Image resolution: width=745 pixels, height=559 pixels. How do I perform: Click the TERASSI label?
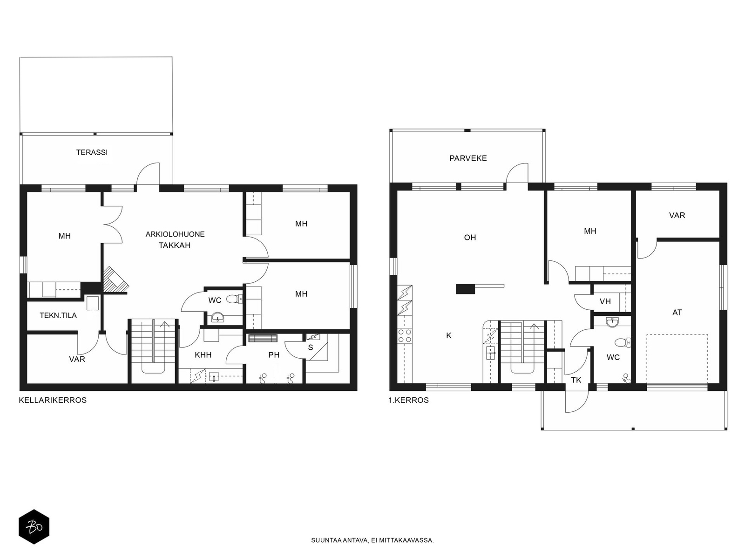point(92,152)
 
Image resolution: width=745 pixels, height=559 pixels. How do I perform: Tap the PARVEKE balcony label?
point(468,158)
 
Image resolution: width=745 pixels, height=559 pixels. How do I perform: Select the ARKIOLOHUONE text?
point(175,234)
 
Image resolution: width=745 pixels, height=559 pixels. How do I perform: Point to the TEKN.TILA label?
point(58,315)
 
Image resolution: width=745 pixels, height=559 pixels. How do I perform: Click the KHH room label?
point(203,355)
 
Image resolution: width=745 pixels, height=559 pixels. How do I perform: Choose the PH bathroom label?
point(274,355)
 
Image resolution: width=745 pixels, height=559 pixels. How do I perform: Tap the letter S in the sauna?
point(310,348)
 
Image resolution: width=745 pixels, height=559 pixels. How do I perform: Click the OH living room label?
point(470,238)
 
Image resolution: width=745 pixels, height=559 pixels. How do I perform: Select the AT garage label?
point(677,313)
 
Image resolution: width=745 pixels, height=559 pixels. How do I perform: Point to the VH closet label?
point(605,301)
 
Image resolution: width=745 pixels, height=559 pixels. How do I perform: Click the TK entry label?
point(576,380)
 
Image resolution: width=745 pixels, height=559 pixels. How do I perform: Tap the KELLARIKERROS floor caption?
point(53,400)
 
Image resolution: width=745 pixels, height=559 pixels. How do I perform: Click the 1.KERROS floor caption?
point(409,400)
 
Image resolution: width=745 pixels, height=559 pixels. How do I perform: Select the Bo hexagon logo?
point(34,527)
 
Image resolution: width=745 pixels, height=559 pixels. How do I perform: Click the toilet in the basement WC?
point(234,299)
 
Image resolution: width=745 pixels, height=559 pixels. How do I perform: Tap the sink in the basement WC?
point(217,318)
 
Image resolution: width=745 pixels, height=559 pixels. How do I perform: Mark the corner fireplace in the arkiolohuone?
point(115,279)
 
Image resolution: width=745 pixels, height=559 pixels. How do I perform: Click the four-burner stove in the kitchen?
point(405,336)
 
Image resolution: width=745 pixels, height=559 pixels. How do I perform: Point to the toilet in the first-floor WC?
point(623,342)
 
